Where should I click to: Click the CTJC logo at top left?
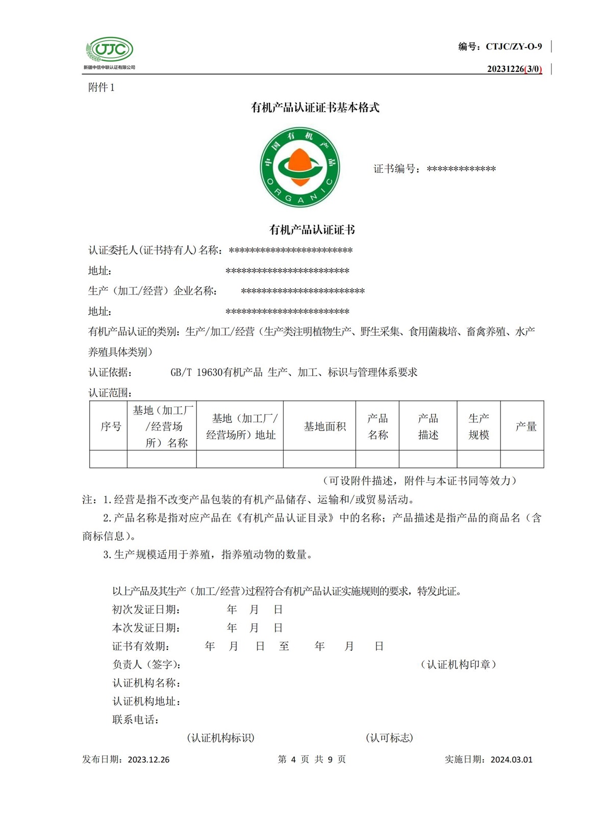109,50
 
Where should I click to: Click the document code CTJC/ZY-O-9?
514,47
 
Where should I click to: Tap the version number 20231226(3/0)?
514,69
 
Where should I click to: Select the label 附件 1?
101,88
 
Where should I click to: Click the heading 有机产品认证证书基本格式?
315,108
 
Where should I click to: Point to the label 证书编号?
397,169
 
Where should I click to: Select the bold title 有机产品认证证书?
312,230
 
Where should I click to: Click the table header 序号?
111,427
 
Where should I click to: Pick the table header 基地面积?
324,427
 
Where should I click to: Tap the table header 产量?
525,427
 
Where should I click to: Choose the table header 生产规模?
478,427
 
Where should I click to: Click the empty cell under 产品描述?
428,459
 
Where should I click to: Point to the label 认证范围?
110,393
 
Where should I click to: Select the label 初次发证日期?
146,609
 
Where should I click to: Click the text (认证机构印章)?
458,665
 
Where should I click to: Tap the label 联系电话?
135,720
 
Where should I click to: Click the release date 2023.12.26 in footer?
148,759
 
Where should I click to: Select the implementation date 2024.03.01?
511,759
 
